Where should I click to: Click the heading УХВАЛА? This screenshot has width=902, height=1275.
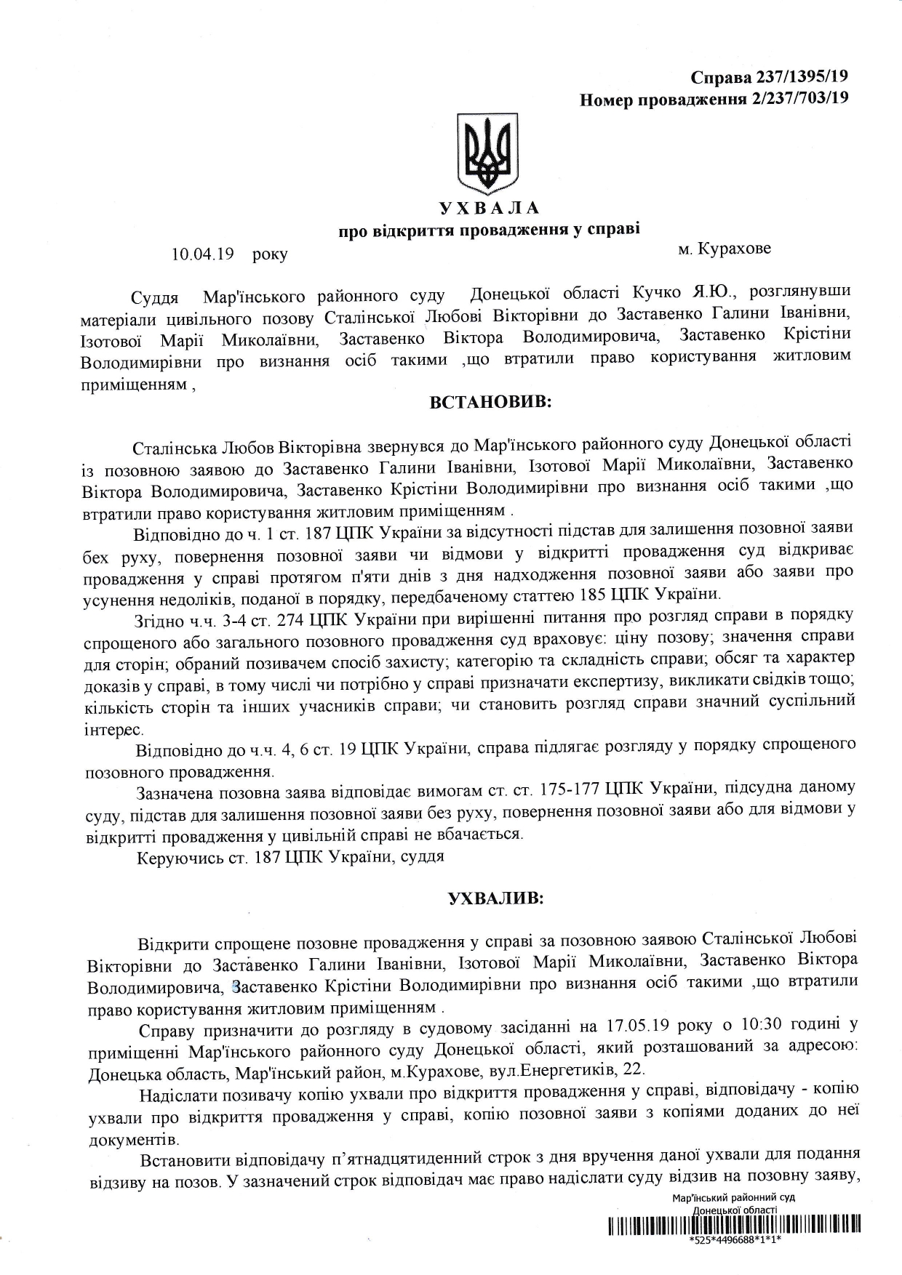pos(489,209)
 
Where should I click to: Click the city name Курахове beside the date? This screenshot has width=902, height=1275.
pos(734,249)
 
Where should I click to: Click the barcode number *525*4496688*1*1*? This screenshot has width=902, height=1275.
pos(733,1241)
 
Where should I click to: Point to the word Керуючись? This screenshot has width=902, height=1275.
pos(172,857)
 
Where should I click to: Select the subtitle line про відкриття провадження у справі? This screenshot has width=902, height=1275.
pos(489,231)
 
